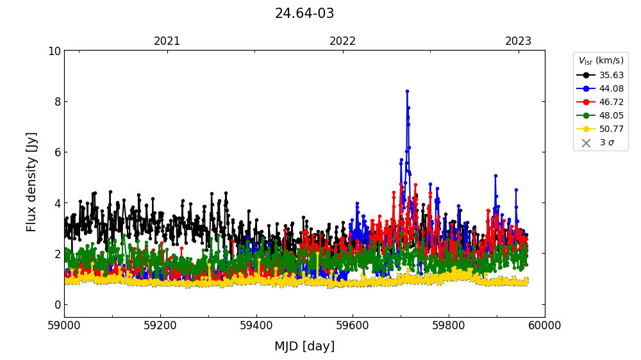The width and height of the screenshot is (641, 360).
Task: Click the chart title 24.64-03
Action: tap(304, 13)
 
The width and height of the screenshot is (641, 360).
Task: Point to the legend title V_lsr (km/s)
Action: tap(601, 61)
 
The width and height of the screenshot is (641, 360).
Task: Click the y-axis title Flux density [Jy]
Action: tap(32, 182)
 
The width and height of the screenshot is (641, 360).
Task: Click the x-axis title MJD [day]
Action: tap(304, 347)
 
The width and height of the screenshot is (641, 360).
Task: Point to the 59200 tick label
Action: tap(160, 326)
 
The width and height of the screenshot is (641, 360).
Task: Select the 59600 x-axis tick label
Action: tap(353, 326)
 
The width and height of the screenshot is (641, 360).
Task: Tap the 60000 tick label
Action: tap(545, 326)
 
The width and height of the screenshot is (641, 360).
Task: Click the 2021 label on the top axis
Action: tap(167, 42)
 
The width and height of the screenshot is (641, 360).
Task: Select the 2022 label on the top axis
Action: tap(343, 42)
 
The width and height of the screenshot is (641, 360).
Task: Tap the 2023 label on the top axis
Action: tap(518, 42)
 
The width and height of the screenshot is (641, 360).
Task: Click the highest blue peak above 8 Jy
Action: tap(407, 92)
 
